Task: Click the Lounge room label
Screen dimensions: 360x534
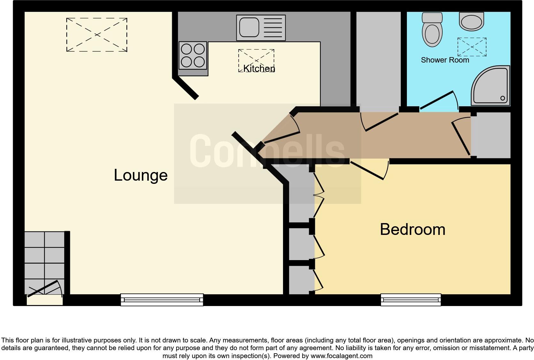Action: pyautogui.click(x=141, y=175)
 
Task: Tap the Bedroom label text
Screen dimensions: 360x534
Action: pyautogui.click(x=412, y=229)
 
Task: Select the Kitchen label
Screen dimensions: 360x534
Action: pyautogui.click(x=259, y=68)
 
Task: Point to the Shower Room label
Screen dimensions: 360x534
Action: pyautogui.click(x=445, y=60)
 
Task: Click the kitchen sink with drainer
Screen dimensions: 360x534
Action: pyautogui.click(x=261, y=28)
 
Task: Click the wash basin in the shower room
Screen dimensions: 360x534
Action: pyautogui.click(x=471, y=21)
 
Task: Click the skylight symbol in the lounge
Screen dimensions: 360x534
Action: pyautogui.click(x=97, y=35)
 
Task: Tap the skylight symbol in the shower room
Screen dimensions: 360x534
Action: pyautogui.click(x=472, y=47)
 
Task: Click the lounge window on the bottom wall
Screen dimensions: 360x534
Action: pyautogui.click(x=162, y=300)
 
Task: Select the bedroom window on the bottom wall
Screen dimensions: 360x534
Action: pyautogui.click(x=411, y=300)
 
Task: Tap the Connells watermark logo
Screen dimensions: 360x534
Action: pyautogui.click(x=267, y=150)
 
